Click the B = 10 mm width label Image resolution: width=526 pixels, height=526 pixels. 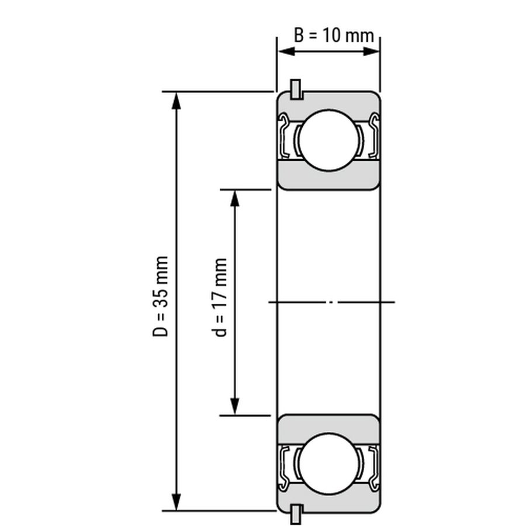point(334,35)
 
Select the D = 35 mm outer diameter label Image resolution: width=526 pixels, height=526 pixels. point(160,296)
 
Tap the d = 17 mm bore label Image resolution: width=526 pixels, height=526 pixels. point(219,297)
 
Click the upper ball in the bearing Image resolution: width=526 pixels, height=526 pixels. point(328,140)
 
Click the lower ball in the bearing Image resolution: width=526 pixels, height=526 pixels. point(328,464)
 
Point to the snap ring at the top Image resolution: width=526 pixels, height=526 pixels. point(296,89)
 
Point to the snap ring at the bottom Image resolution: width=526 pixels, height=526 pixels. point(296,514)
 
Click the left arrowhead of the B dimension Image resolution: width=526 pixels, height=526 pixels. point(286,51)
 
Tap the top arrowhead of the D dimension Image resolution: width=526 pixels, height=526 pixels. point(176,101)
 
